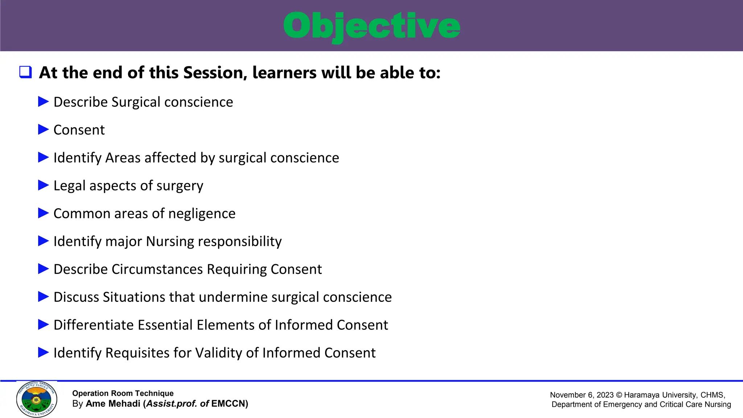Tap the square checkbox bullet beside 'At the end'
26,72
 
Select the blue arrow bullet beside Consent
43,130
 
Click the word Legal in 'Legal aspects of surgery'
70,186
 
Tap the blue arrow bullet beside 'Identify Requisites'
43,352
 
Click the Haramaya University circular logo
37,399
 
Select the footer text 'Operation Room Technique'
123,393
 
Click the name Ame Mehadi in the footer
113,404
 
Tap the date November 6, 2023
582,395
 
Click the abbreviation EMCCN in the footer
228,404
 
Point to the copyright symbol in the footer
619,395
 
